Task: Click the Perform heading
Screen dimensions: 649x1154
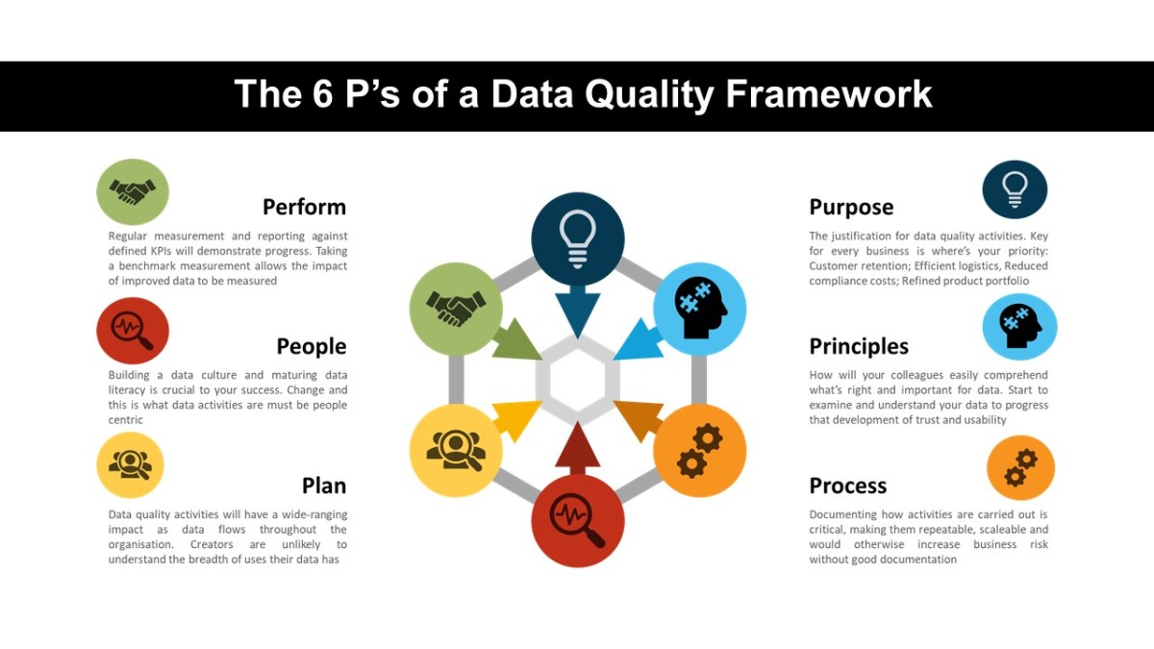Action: [x=304, y=207]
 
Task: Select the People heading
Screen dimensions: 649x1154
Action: [x=311, y=346]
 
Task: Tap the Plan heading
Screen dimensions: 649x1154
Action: [x=323, y=486]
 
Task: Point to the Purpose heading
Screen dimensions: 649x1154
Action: [x=851, y=207]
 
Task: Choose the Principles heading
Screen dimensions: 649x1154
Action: [x=859, y=346]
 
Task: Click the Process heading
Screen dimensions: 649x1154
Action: [x=847, y=486]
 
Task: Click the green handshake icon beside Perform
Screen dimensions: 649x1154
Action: [x=133, y=192]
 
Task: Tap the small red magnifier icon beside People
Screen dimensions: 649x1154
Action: [x=133, y=331]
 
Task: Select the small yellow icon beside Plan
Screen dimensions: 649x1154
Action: [x=130, y=465]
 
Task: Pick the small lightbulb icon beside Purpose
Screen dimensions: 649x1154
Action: [x=1015, y=189]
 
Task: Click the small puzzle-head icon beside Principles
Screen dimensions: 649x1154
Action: [x=1019, y=327]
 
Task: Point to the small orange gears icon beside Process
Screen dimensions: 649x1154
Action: [x=1020, y=468]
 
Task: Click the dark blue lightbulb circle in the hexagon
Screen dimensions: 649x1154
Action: [x=577, y=238]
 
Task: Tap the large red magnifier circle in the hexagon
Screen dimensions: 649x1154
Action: [x=577, y=520]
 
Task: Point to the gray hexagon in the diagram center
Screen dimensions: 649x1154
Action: [x=577, y=379]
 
